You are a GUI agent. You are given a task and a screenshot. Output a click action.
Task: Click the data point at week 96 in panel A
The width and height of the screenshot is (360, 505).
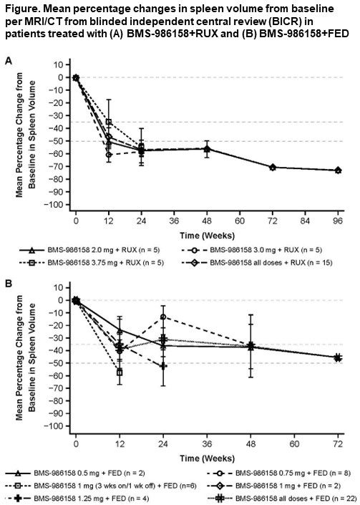click(x=338, y=170)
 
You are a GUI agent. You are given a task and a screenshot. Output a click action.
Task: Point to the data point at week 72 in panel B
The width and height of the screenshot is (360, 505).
click(x=338, y=357)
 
